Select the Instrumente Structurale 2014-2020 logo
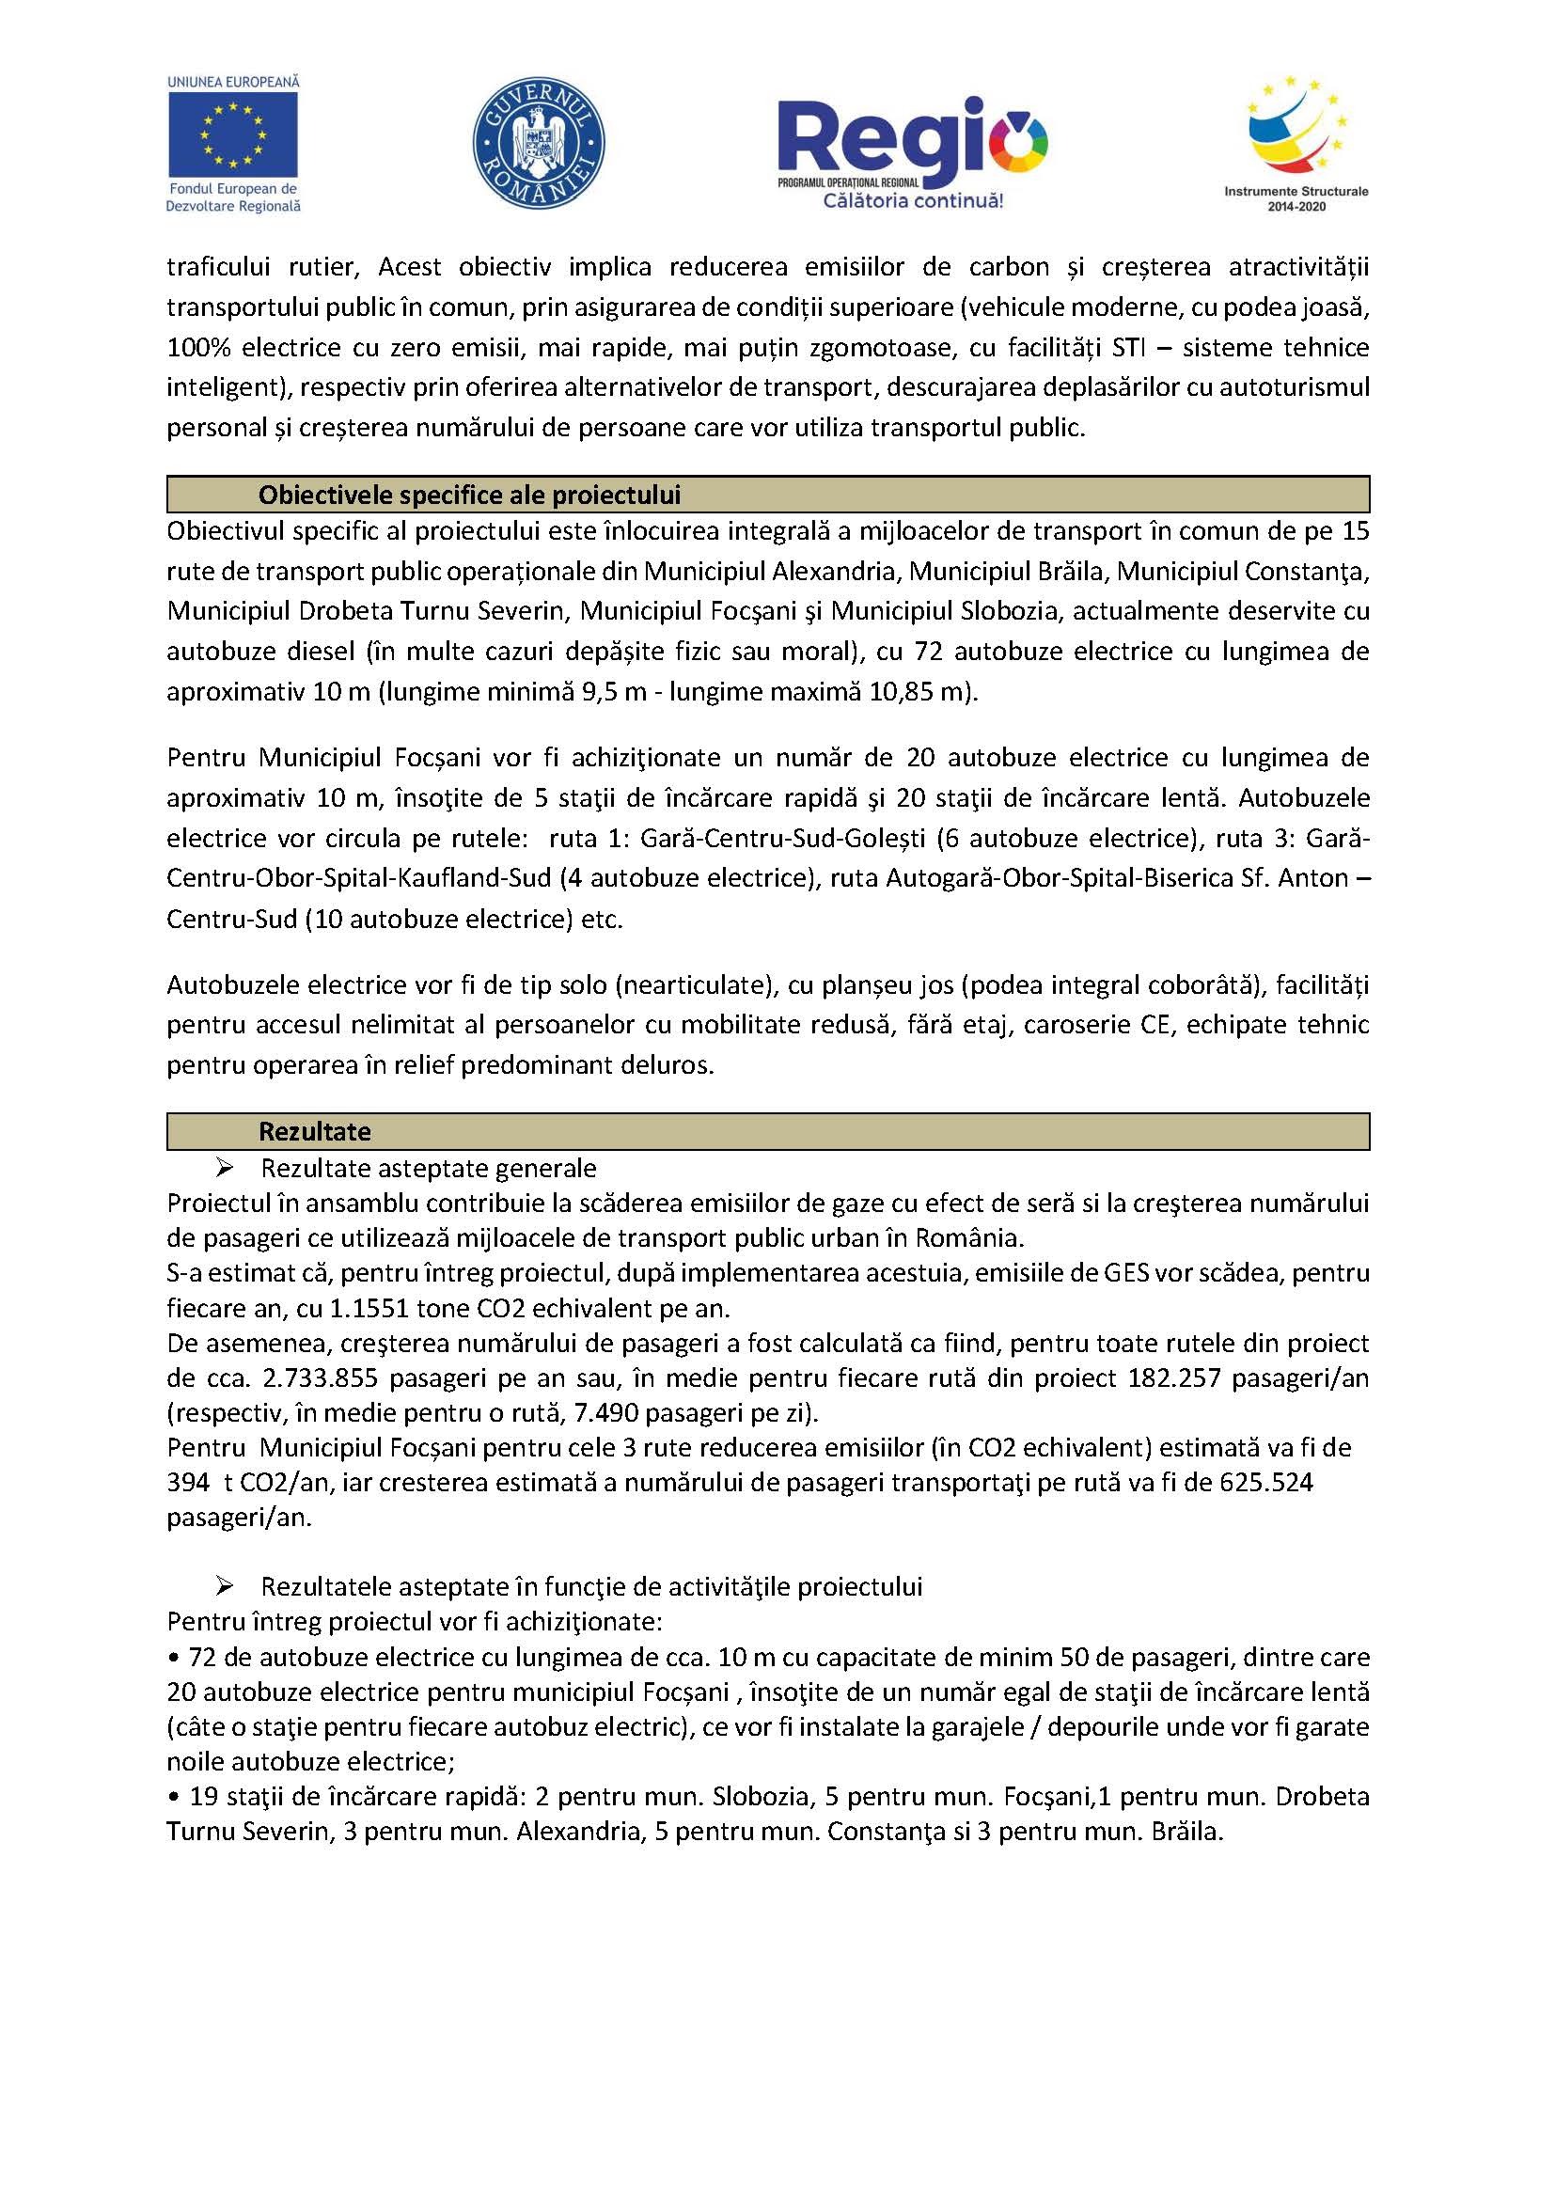pyautogui.click(x=1296, y=144)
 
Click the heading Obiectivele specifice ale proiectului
pyautogui.click(x=469, y=496)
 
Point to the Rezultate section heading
pyautogui.click(x=314, y=1131)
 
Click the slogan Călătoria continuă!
pyautogui.click(x=914, y=201)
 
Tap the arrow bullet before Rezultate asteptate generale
pyautogui.click(x=225, y=1167)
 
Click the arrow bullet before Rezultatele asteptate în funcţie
pyautogui.click(x=225, y=1585)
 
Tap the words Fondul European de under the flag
pyautogui.click(x=232, y=190)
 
